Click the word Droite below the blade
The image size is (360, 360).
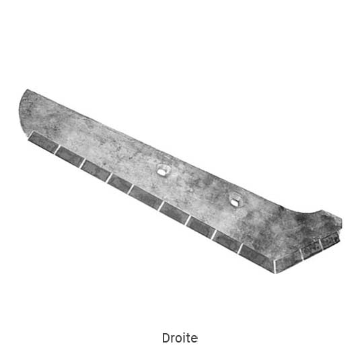[180, 338]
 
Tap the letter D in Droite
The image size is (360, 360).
[166, 338]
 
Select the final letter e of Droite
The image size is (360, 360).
[194, 339]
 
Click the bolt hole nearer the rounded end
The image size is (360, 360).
[163, 170]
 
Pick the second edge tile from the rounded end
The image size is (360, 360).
[69, 155]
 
